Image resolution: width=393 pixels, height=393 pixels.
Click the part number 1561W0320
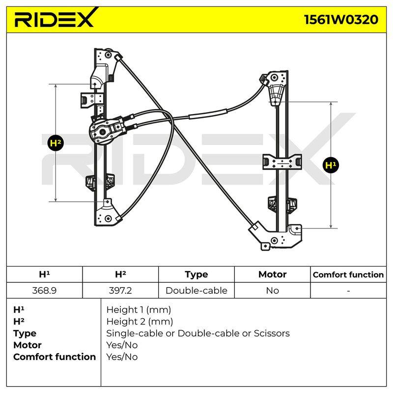pos(341,20)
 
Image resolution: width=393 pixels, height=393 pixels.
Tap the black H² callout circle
pos(56,143)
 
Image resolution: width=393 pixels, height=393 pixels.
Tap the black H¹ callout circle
pos(331,165)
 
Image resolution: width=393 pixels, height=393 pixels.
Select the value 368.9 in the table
pos(44,290)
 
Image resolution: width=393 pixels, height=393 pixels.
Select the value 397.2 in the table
pos(120,290)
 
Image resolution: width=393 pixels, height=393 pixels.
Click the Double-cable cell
pos(196,290)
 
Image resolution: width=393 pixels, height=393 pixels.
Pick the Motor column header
pos(273,275)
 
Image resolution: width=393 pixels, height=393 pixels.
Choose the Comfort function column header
pos(348,275)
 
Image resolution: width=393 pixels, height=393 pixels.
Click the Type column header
pos(196,275)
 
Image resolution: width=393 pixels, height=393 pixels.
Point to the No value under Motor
pos(273,290)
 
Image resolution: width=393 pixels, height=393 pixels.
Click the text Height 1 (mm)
pos(139,310)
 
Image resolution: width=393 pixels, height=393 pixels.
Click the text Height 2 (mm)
pos(140,322)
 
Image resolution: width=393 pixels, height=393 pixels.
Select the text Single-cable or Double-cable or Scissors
pos(198,334)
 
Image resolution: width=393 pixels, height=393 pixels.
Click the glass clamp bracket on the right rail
pos(282,162)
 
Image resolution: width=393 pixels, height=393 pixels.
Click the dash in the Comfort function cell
pos(348,291)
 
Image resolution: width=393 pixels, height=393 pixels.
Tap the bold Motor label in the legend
pos(28,345)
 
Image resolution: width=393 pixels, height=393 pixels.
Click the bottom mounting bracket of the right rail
pos(276,236)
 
